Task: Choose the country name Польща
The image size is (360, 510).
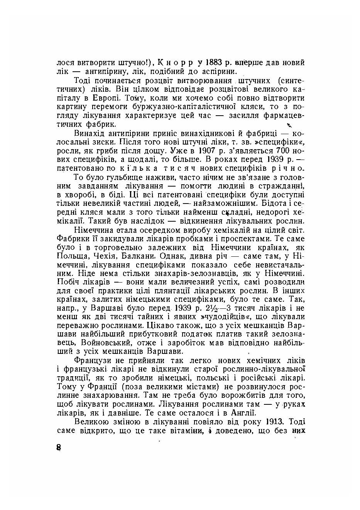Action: click(71, 256)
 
